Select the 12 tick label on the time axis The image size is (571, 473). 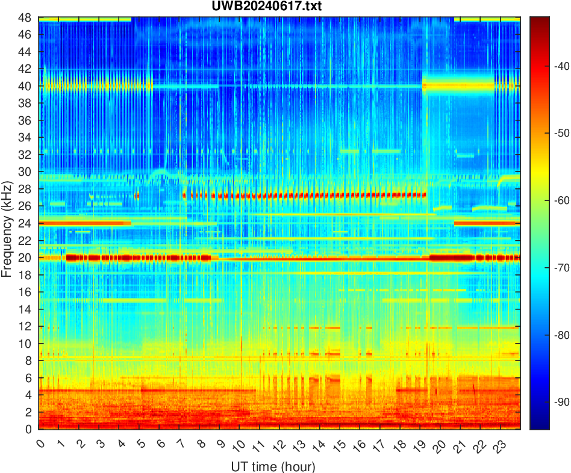(278, 446)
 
